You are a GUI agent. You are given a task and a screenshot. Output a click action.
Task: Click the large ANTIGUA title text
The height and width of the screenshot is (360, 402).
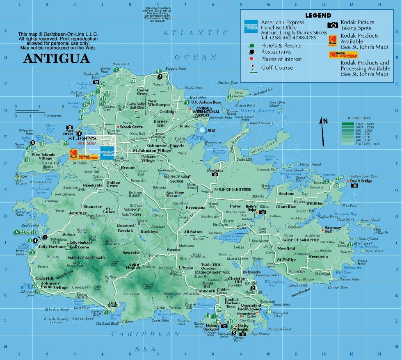click(x=56, y=58)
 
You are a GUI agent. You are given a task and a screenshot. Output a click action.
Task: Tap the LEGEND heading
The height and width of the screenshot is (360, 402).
click(x=321, y=15)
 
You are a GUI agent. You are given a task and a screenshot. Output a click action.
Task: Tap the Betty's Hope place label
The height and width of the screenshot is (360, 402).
click(x=251, y=208)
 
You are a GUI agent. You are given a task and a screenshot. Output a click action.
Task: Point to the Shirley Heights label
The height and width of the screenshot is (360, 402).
click(x=242, y=328)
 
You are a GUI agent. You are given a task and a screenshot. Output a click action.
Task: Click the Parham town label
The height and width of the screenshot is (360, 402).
click(x=215, y=169)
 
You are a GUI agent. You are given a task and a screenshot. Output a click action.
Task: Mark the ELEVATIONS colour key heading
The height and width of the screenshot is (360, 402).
click(x=358, y=118)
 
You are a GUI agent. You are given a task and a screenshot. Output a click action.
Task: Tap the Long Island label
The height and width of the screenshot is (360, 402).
click(x=238, y=94)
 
